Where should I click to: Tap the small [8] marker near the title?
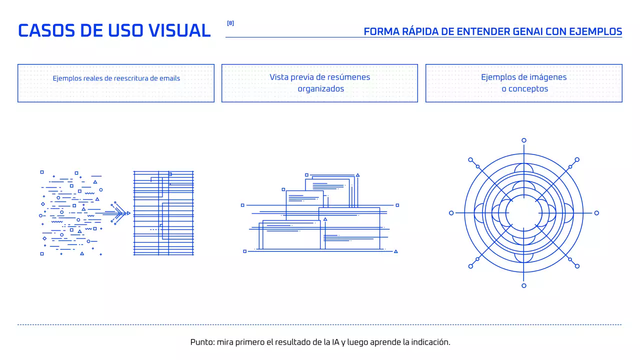click(230, 23)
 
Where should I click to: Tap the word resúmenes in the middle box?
click(348, 77)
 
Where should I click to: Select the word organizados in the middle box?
click(321, 89)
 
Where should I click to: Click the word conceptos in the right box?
click(528, 89)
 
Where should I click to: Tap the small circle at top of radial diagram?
click(524, 140)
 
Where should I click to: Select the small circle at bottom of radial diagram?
click(524, 285)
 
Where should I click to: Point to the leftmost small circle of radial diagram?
click(451, 213)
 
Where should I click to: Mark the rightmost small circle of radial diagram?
click(596, 213)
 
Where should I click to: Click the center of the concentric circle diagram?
click(524, 213)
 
